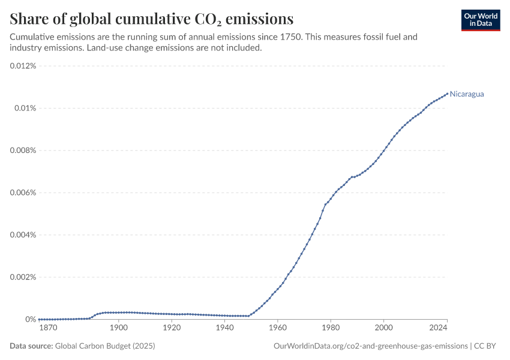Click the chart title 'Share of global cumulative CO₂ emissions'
(151, 17)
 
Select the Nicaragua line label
(467, 94)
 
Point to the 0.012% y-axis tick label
(23, 66)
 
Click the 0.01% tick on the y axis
(26, 108)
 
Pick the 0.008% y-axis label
(23, 151)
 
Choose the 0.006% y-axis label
(23, 193)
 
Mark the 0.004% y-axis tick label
(23, 235)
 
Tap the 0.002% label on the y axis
(23, 277)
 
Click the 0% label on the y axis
(31, 320)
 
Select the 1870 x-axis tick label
(48, 328)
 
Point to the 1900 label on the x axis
(119, 328)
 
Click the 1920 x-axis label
(172, 328)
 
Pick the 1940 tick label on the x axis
(224, 328)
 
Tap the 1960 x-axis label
(278, 328)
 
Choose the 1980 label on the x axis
(331, 328)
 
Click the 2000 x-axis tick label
(383, 328)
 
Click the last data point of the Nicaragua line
(447, 93)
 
